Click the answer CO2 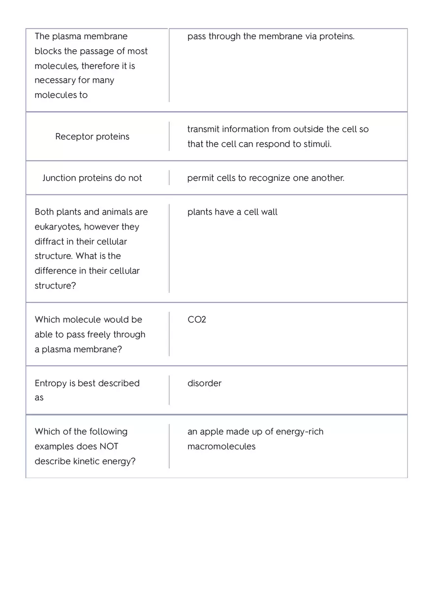[197, 320]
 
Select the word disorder [204, 383]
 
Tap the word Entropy [51, 383]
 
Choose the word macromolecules [221, 447]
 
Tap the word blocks [48, 51]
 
